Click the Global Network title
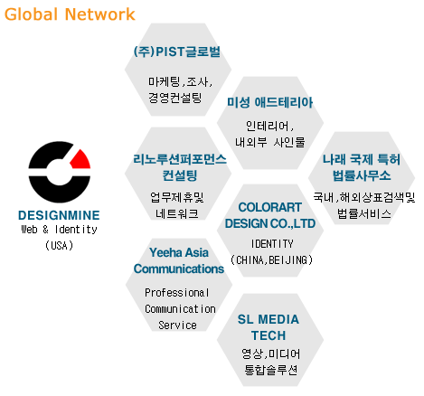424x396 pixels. pos(70,14)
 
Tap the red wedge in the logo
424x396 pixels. pos(80,160)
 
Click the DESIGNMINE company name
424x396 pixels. pos(59,215)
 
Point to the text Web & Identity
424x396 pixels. pos(59,230)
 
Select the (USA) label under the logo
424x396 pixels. pos(59,245)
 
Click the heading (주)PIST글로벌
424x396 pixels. pos(177,52)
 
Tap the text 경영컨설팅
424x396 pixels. pos(174,98)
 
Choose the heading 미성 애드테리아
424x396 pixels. pos(269,102)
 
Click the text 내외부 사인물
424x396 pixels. pos(270,142)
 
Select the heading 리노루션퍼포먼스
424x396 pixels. pos(180,159)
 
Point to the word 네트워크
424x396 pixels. pos(177,213)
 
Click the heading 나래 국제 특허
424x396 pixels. pos(362,159)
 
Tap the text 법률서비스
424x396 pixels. pos(364,213)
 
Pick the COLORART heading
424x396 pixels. pos(269,207)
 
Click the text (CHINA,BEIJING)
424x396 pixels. pos(271,259)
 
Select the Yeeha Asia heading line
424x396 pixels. pos(179,252)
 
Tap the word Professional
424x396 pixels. pos(177,292)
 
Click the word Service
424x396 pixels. pos(177,325)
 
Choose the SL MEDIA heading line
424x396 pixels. pos(269,319)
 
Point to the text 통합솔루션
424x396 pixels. pos(270,370)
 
